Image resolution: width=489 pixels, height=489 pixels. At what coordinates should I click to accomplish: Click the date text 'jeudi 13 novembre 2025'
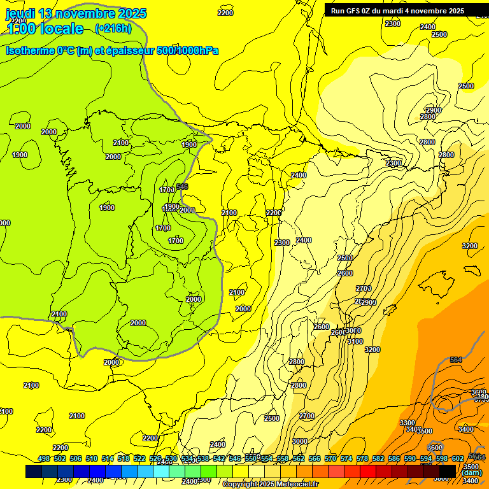point(76,13)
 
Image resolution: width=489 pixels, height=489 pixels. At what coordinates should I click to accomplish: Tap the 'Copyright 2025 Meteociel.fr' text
point(269,485)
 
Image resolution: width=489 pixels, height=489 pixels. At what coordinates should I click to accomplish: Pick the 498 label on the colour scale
point(44,459)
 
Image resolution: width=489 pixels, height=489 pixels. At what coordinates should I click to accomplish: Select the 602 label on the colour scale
point(457,459)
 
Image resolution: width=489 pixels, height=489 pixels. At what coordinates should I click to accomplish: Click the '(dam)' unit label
point(472,473)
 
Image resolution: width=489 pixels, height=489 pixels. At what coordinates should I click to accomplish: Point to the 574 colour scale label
point(346,459)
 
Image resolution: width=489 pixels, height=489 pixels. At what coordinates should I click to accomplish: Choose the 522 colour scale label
point(139,459)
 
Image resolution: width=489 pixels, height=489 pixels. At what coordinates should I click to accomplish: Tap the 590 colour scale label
point(410,459)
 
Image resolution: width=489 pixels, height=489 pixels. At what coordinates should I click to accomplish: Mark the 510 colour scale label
point(92,459)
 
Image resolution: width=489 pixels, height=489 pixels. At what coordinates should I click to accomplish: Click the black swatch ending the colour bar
point(448,471)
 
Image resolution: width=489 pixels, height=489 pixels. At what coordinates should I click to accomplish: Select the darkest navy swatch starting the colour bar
point(34,471)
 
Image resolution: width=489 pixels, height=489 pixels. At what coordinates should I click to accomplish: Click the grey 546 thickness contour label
point(182,187)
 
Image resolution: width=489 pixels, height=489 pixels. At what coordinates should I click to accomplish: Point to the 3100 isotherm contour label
point(355,341)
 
